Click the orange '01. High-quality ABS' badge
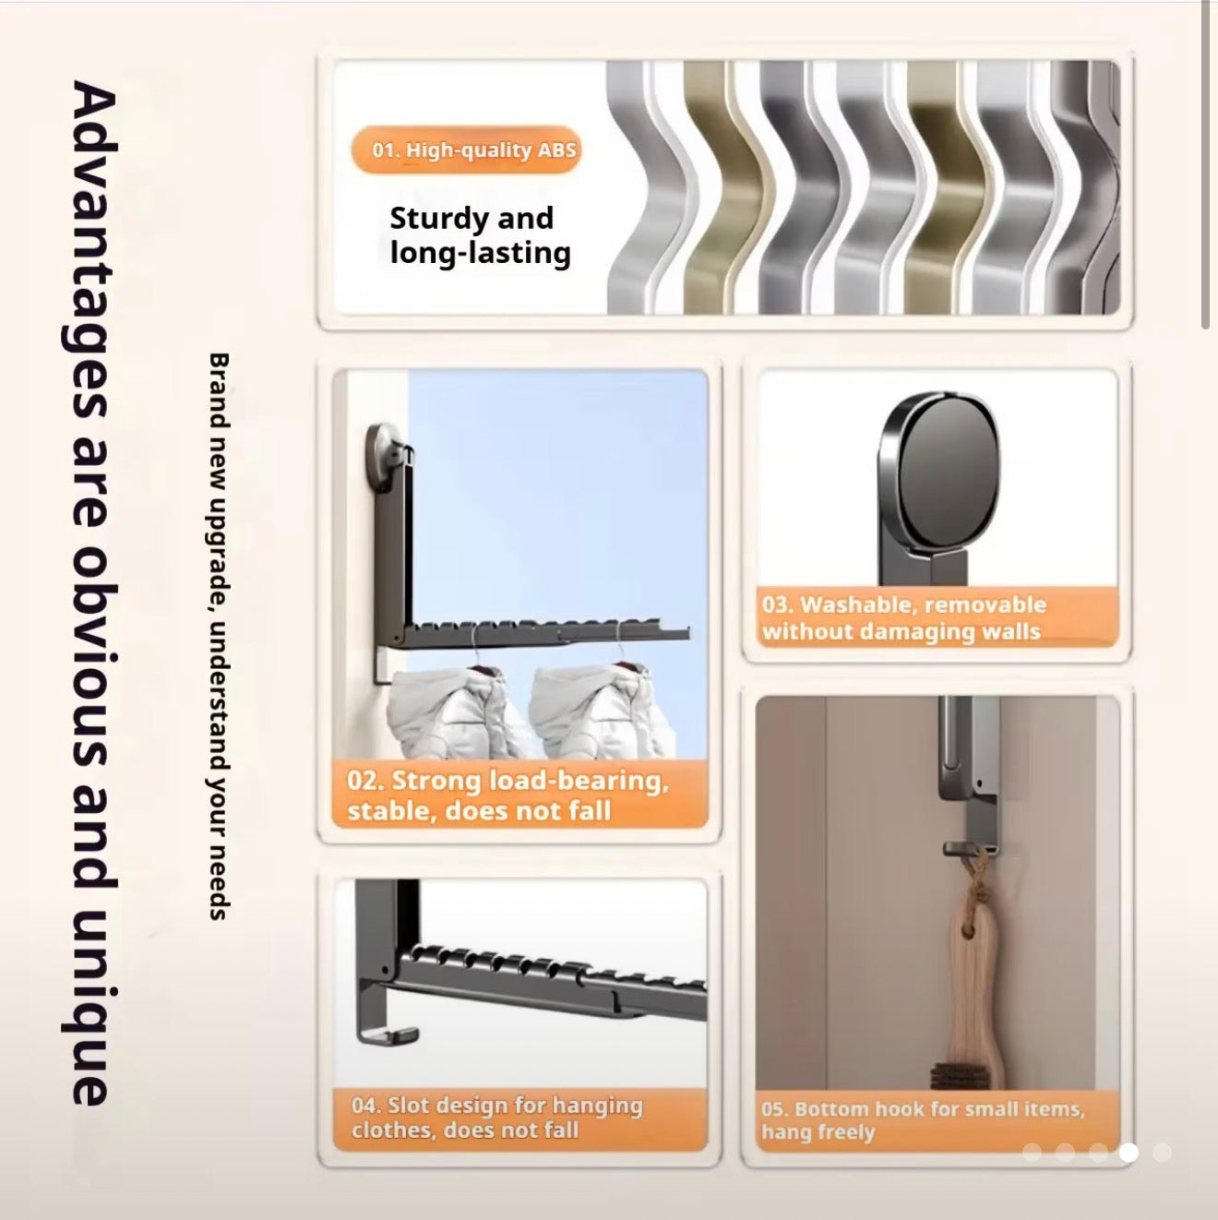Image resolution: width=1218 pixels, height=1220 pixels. point(467,150)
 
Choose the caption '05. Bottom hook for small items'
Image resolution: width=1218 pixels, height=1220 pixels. point(923,1119)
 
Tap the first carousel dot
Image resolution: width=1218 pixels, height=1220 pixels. point(1032,1152)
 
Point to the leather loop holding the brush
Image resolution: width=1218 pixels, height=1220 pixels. point(971,900)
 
